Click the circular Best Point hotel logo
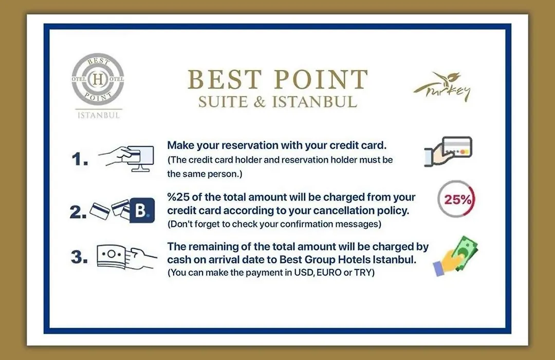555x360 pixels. coord(98,79)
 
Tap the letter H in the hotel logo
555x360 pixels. coord(98,79)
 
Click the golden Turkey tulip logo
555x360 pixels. coord(442,87)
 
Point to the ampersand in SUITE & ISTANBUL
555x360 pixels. coord(260,102)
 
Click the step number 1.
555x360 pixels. coord(80,159)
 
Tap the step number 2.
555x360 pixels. coord(78,212)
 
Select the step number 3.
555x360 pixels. coord(79,257)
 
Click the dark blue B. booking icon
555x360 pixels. coord(142,210)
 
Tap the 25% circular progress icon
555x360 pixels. coord(456,199)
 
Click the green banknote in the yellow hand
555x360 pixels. coord(464,253)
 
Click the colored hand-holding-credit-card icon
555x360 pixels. coord(448,151)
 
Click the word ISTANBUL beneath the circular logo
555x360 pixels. coord(98,115)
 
